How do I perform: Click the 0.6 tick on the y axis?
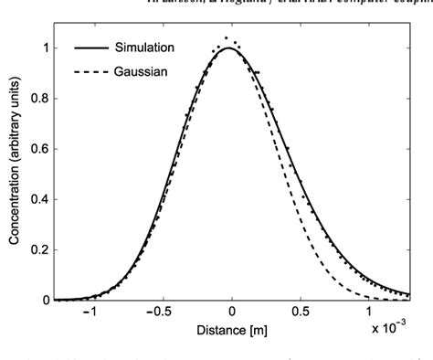pos(39,149)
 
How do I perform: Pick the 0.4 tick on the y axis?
pos(39,199)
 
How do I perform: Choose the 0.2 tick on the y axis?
pos(39,249)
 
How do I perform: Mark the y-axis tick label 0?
pos(45,300)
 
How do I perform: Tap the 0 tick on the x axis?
pos(232,311)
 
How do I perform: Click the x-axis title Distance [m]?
pos(232,328)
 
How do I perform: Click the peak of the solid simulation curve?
pos(230,48)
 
